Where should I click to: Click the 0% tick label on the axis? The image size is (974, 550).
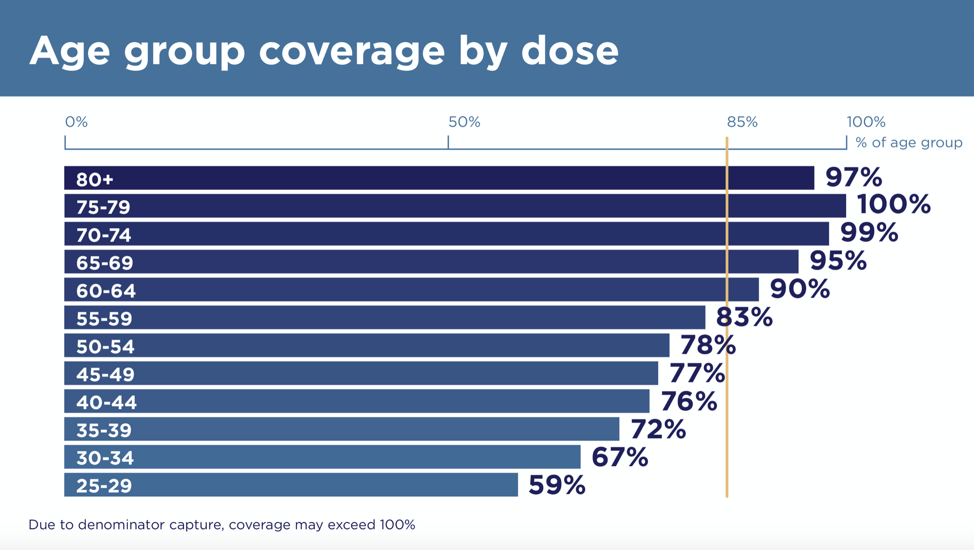(x=76, y=122)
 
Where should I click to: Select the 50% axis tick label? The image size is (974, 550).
(x=464, y=122)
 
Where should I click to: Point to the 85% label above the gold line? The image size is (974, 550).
(x=742, y=122)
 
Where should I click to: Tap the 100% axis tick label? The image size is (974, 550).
(x=866, y=122)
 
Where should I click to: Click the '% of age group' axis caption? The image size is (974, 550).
(x=909, y=143)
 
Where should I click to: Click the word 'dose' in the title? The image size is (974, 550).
(x=569, y=50)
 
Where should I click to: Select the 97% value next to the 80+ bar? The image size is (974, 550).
(x=854, y=177)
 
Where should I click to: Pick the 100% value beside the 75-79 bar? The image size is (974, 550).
(x=893, y=204)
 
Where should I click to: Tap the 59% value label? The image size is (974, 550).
(x=557, y=485)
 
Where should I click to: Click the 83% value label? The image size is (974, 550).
(x=744, y=317)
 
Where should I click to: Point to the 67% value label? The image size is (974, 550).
(x=619, y=457)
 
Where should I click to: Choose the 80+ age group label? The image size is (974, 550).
(x=95, y=179)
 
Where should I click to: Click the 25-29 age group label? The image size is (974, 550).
(x=104, y=485)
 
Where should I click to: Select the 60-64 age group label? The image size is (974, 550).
(x=106, y=291)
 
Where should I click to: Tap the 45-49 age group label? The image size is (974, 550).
(x=106, y=374)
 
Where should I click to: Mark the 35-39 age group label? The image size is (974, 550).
(x=104, y=430)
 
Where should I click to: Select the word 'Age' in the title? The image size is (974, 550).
(x=70, y=51)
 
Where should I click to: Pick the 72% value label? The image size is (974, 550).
(x=658, y=429)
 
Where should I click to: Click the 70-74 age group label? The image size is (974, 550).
(x=104, y=235)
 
